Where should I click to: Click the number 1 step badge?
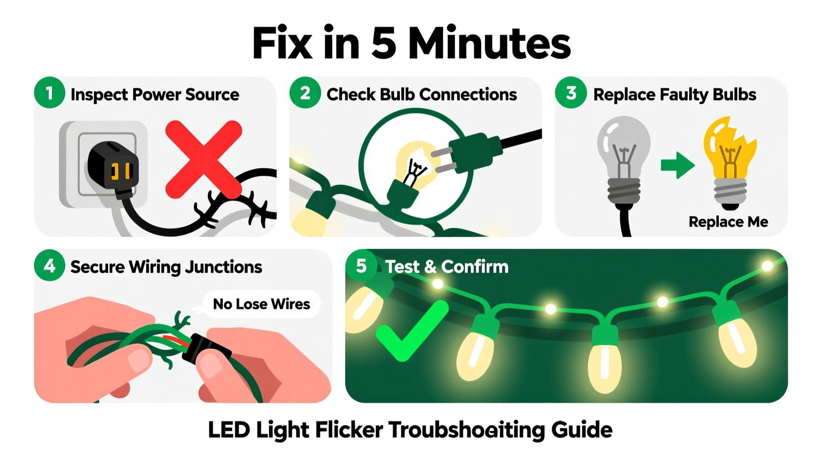point(49,93)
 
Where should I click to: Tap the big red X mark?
point(203,159)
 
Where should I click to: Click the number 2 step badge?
point(305,93)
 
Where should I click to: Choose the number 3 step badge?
point(571,93)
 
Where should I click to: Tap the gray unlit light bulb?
point(623,158)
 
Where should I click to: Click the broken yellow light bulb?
point(730,158)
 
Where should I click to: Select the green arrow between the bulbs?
point(677,165)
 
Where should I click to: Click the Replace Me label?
point(728,222)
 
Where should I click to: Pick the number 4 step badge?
point(49,266)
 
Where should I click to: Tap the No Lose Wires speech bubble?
point(261,304)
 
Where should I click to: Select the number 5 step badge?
point(361,266)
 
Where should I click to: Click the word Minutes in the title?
point(489,44)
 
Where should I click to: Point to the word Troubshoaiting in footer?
point(466,430)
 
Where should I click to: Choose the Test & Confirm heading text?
point(447,267)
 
